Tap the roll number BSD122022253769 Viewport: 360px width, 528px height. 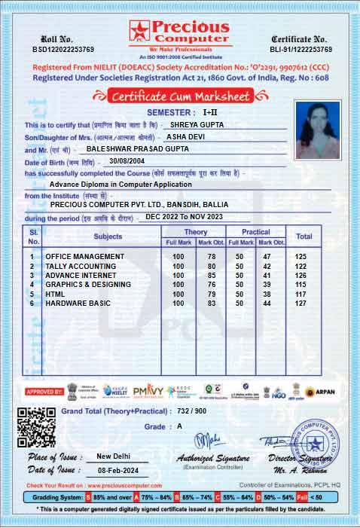tap(53, 49)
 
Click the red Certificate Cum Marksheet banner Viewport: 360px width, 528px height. tap(180, 96)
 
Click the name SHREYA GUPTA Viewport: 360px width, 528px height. tap(197, 124)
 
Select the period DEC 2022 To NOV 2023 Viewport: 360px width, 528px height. tap(185, 217)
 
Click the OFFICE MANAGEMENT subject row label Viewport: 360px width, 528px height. tap(84, 257)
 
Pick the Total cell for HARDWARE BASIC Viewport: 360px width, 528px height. tap(304, 304)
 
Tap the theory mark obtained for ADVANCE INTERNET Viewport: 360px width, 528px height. tap(212, 276)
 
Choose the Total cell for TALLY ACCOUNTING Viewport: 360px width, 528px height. tap(304, 267)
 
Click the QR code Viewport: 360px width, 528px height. tap(35, 427)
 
